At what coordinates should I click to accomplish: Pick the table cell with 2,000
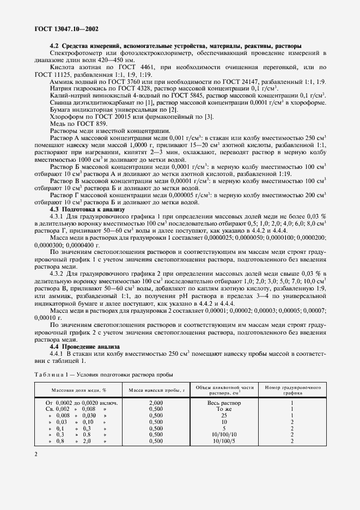157,403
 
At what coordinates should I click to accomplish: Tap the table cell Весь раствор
224,403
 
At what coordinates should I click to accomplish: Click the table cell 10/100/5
224,441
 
